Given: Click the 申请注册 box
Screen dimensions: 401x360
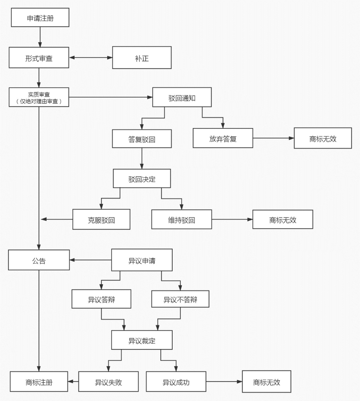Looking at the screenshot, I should [x=40, y=18].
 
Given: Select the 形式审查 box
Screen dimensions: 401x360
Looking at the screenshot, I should [x=39, y=58].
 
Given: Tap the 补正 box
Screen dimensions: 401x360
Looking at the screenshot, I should [x=142, y=58].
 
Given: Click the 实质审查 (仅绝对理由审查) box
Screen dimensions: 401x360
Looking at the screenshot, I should [x=39, y=97].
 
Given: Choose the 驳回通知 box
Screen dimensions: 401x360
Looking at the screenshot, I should [x=182, y=98].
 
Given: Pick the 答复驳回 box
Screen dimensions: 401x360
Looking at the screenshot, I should [x=142, y=139].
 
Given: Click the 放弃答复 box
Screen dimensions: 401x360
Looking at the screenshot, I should [x=223, y=139].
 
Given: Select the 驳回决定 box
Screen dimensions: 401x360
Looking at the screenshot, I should [x=142, y=179].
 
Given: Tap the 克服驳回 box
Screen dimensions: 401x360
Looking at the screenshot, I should [x=101, y=220].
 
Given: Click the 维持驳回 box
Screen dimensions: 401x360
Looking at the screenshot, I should [x=181, y=220].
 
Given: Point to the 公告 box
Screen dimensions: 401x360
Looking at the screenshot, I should [x=39, y=260].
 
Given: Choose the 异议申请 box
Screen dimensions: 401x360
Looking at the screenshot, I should [x=142, y=260].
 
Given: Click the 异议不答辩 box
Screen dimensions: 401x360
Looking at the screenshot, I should [x=180, y=299].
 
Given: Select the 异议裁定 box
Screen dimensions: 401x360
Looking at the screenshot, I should [x=142, y=340].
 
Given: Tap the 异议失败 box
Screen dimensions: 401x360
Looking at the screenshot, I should [x=108, y=382].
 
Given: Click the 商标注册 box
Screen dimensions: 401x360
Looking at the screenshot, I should [x=39, y=382].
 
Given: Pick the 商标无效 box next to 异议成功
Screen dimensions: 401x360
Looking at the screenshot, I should [x=266, y=382].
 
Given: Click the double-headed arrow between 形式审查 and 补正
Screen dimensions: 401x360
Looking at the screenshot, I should [x=91, y=58].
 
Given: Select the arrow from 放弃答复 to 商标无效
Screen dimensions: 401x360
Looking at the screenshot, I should [x=273, y=138].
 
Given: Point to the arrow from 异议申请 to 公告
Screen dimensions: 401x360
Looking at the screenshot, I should [x=90, y=260].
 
